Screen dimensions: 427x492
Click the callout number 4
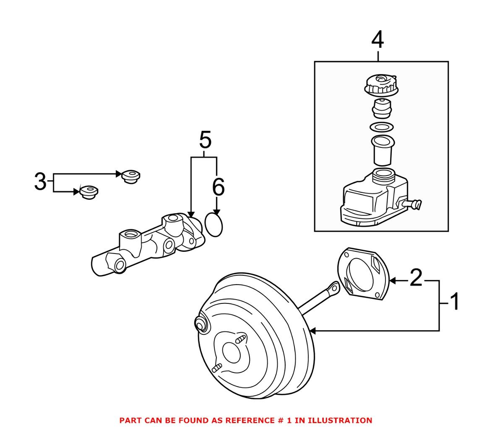point(377,40)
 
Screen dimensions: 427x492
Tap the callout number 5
point(205,140)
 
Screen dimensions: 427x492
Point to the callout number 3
point(40,181)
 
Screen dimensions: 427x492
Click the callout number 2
point(416,278)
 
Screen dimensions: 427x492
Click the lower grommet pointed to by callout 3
point(89,192)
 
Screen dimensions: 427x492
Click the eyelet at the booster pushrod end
point(333,287)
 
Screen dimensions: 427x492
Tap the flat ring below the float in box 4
point(381,127)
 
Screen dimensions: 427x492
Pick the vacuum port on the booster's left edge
point(201,324)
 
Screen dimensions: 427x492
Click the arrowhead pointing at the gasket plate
point(393,280)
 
